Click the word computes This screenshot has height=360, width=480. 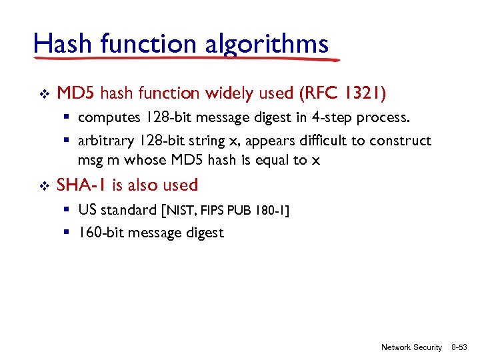(x=107, y=118)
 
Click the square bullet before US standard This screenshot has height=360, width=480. (x=68, y=210)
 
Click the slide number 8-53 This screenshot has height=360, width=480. (x=459, y=347)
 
